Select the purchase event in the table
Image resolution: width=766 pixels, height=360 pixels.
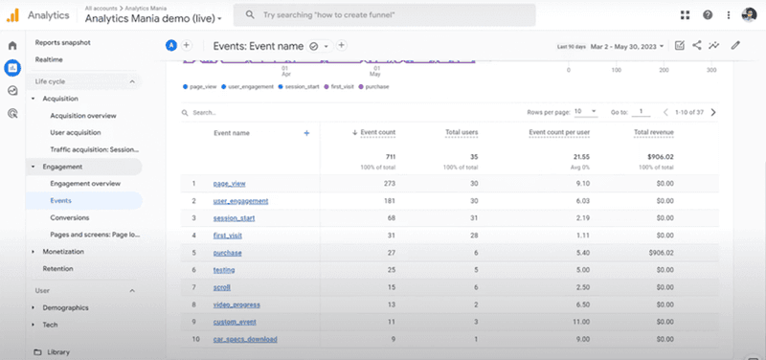coord(228,253)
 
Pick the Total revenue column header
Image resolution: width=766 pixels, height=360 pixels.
coord(653,133)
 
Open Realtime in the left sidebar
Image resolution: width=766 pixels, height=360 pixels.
coord(49,59)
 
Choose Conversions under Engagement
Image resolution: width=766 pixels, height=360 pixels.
coord(69,217)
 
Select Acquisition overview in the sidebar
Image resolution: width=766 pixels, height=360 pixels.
coord(83,115)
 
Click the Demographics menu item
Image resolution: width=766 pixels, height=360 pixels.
coord(66,307)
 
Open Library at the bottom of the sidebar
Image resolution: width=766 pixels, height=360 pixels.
coord(58,351)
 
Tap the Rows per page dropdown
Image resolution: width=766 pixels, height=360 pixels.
coord(586,112)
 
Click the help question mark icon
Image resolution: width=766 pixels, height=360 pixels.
coord(708,15)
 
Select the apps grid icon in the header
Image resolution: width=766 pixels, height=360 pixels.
coord(685,15)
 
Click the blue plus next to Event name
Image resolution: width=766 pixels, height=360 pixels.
coord(306,133)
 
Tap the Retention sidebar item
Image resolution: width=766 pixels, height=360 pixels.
coord(57,269)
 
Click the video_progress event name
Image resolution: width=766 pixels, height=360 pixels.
coord(237,305)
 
